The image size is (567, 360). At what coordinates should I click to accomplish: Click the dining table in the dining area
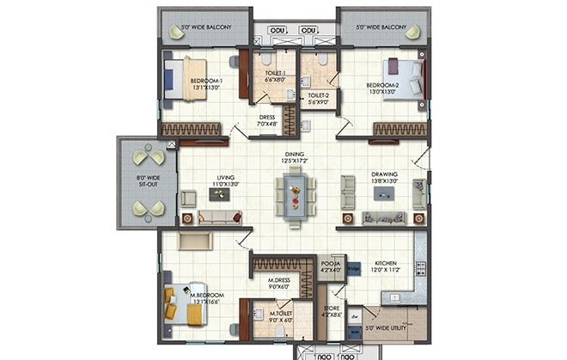(x=295, y=196)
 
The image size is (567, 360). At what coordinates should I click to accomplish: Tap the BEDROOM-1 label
(x=206, y=81)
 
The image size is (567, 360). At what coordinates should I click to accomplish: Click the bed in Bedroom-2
(x=405, y=78)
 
